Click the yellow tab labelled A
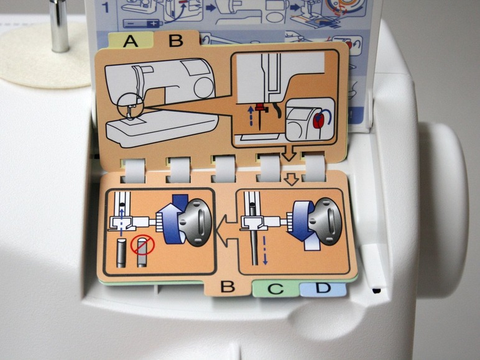click(x=131, y=40)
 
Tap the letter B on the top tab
click(x=176, y=40)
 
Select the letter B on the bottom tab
click(x=228, y=287)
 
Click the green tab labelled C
click(x=275, y=288)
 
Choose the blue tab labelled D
click(x=323, y=289)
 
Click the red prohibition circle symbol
click(x=142, y=244)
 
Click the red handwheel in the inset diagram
click(x=320, y=120)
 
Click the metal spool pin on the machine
click(x=60, y=25)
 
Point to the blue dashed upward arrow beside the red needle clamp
click(x=251, y=116)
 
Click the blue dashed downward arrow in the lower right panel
click(x=265, y=251)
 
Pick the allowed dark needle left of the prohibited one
click(x=121, y=252)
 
